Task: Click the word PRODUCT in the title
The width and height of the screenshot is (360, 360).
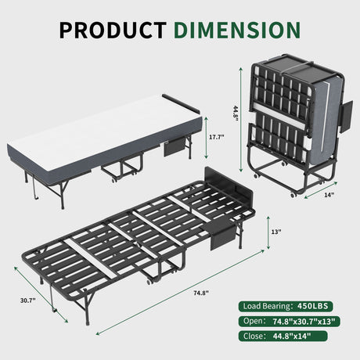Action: (x=113, y=30)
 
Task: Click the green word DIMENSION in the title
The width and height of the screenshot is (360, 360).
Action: (x=237, y=30)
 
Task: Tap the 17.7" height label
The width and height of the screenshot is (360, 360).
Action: (x=217, y=137)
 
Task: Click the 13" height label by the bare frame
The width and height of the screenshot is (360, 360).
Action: (x=276, y=232)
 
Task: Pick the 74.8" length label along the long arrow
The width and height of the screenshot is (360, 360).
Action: (x=201, y=293)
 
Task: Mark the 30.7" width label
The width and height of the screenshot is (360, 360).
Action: (x=28, y=301)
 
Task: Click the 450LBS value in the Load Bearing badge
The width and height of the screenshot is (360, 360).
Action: (x=312, y=306)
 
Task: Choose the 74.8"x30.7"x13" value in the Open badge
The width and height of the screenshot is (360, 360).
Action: (x=304, y=322)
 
